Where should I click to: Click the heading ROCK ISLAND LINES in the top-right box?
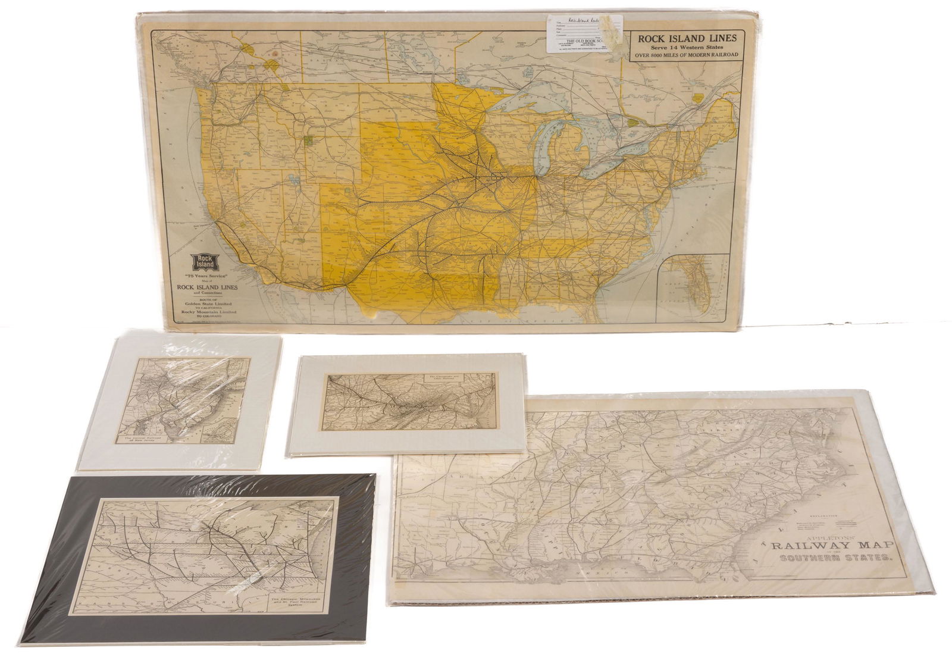pyautogui.click(x=687, y=38)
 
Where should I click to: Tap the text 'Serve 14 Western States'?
pyautogui.click(x=687, y=47)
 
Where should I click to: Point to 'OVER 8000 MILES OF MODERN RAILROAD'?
pyautogui.click(x=687, y=55)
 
